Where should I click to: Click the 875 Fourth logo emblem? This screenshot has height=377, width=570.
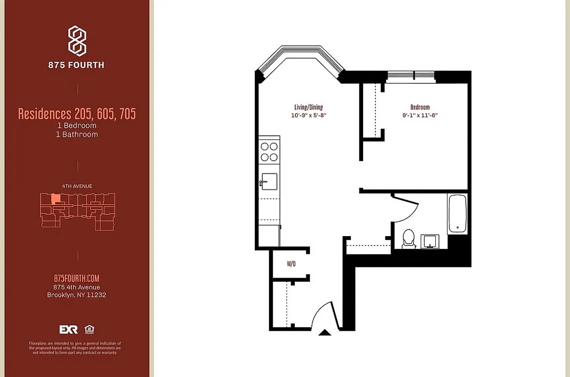(77, 41)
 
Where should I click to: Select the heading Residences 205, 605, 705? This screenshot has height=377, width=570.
(77, 114)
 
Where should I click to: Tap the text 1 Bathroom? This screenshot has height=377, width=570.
(77, 134)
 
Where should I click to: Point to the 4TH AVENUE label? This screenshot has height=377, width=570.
(77, 186)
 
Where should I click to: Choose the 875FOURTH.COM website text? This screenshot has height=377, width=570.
(77, 279)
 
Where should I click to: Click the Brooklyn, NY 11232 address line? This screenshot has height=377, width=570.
(77, 295)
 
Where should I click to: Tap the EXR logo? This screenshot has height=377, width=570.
(68, 329)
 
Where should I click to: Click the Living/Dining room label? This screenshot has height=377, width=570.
(309, 107)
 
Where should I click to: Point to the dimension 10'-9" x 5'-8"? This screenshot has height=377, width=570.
(309, 115)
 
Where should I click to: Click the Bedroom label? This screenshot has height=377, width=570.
(420, 107)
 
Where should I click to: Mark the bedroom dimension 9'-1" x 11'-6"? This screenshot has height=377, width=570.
(420, 115)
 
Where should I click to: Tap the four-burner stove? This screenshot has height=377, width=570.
(269, 152)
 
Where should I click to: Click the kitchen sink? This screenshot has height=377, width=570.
(269, 180)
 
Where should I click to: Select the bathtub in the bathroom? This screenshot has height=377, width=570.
(457, 214)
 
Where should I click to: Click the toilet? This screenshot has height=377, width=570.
(408, 238)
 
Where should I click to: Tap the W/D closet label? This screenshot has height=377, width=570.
(291, 264)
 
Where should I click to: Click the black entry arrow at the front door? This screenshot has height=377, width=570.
(325, 333)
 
